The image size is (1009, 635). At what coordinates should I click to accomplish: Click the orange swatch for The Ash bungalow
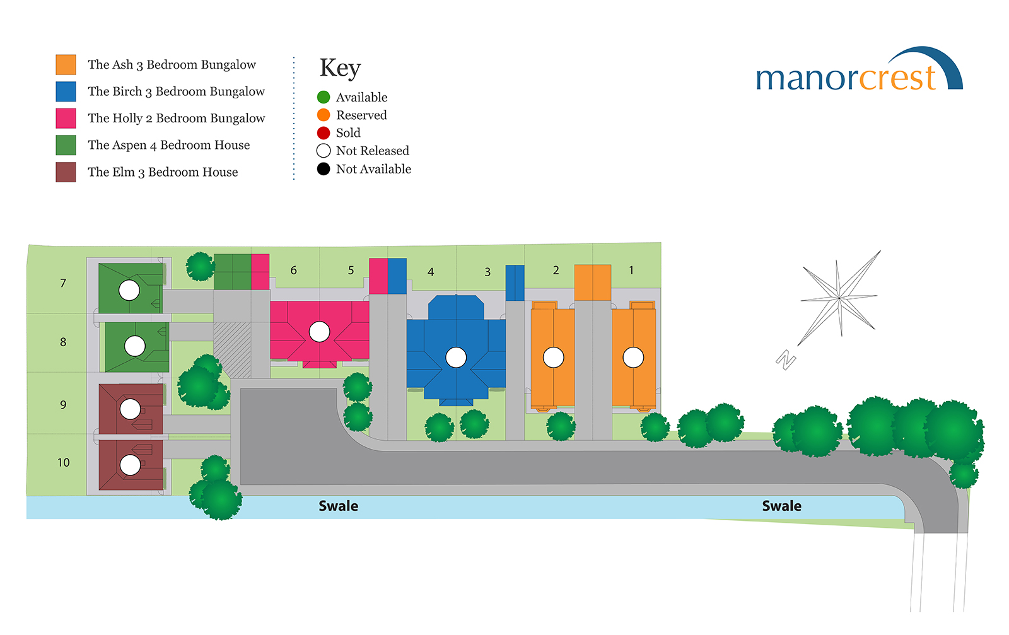pyautogui.click(x=66, y=64)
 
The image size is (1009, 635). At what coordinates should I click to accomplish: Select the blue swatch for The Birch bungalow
pyautogui.click(x=66, y=91)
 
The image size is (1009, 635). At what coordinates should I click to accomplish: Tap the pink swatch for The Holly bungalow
pyautogui.click(x=66, y=119)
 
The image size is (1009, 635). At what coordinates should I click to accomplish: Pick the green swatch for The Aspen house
pyautogui.click(x=66, y=145)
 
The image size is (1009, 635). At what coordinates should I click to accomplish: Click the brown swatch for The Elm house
pyautogui.click(x=66, y=172)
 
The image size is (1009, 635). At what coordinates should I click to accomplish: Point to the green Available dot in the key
pyautogui.click(x=324, y=97)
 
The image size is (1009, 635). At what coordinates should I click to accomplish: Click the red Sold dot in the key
pyautogui.click(x=324, y=133)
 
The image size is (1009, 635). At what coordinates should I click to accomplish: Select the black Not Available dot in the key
pyautogui.click(x=324, y=169)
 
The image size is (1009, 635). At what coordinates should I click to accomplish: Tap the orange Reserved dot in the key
pyautogui.click(x=324, y=115)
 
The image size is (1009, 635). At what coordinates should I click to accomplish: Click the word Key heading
pyautogui.click(x=340, y=69)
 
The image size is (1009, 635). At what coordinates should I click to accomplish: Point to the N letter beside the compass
pyautogui.click(x=786, y=360)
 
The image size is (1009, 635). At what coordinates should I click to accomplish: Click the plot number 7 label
pyautogui.click(x=63, y=283)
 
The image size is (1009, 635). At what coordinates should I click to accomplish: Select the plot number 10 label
pyautogui.click(x=64, y=462)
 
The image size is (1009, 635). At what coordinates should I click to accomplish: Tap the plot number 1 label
pyautogui.click(x=631, y=270)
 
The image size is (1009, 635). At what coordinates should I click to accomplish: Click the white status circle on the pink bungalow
pyautogui.click(x=319, y=332)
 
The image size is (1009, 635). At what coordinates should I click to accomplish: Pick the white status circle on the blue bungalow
pyautogui.click(x=456, y=358)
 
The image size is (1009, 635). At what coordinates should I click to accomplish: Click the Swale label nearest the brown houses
pyautogui.click(x=338, y=506)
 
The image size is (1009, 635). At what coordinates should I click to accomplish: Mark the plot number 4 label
pyautogui.click(x=431, y=272)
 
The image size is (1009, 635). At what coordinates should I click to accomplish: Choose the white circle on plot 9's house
pyautogui.click(x=130, y=409)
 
